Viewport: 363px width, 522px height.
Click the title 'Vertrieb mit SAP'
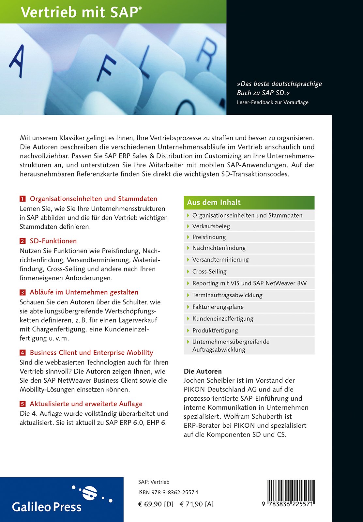[81, 12]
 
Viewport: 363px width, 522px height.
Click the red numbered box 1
[23, 199]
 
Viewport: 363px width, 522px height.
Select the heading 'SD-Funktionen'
[53, 241]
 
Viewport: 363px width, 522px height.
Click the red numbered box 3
[23, 293]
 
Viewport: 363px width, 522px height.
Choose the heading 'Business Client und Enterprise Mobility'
[91, 353]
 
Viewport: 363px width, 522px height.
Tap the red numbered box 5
[23, 404]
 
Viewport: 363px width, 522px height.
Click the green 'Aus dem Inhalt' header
[249, 203]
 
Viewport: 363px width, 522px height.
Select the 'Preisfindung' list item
[209, 237]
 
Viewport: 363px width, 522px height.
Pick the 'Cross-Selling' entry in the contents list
[209, 271]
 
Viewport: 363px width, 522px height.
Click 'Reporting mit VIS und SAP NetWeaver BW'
[249, 283]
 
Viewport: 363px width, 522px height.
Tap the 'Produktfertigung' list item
[215, 330]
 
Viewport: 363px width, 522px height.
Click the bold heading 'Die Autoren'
[203, 371]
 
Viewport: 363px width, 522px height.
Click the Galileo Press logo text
[47, 507]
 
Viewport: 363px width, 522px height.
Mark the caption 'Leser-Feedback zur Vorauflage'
[272, 102]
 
